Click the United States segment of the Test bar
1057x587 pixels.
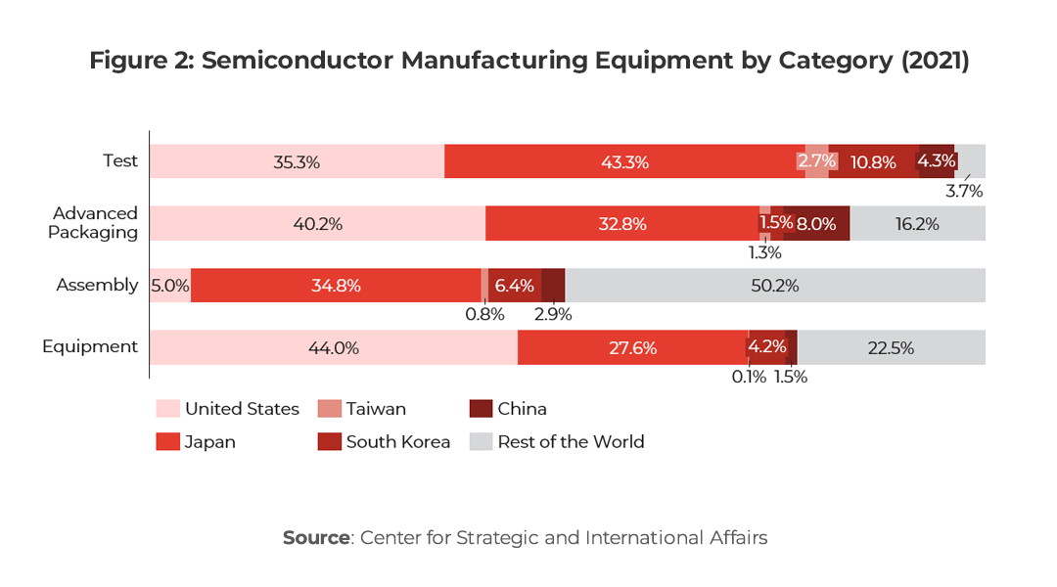point(297,161)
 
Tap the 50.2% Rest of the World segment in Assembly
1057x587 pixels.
point(775,286)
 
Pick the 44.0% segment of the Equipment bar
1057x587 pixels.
point(333,347)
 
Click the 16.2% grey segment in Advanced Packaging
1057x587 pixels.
point(917,223)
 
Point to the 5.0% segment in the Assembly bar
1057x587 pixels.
point(169,286)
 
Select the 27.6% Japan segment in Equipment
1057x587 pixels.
point(632,347)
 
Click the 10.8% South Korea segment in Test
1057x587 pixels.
point(872,161)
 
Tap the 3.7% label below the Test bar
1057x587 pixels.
point(964,191)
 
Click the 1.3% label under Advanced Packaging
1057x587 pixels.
point(765,252)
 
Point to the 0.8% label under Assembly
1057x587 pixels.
point(484,314)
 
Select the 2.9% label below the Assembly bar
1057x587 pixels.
point(552,314)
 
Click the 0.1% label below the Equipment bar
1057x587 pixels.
point(748,376)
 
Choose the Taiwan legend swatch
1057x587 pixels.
point(330,409)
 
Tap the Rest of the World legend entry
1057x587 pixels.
point(571,441)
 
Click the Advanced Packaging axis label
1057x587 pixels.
point(95,222)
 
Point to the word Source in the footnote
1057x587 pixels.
point(315,537)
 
